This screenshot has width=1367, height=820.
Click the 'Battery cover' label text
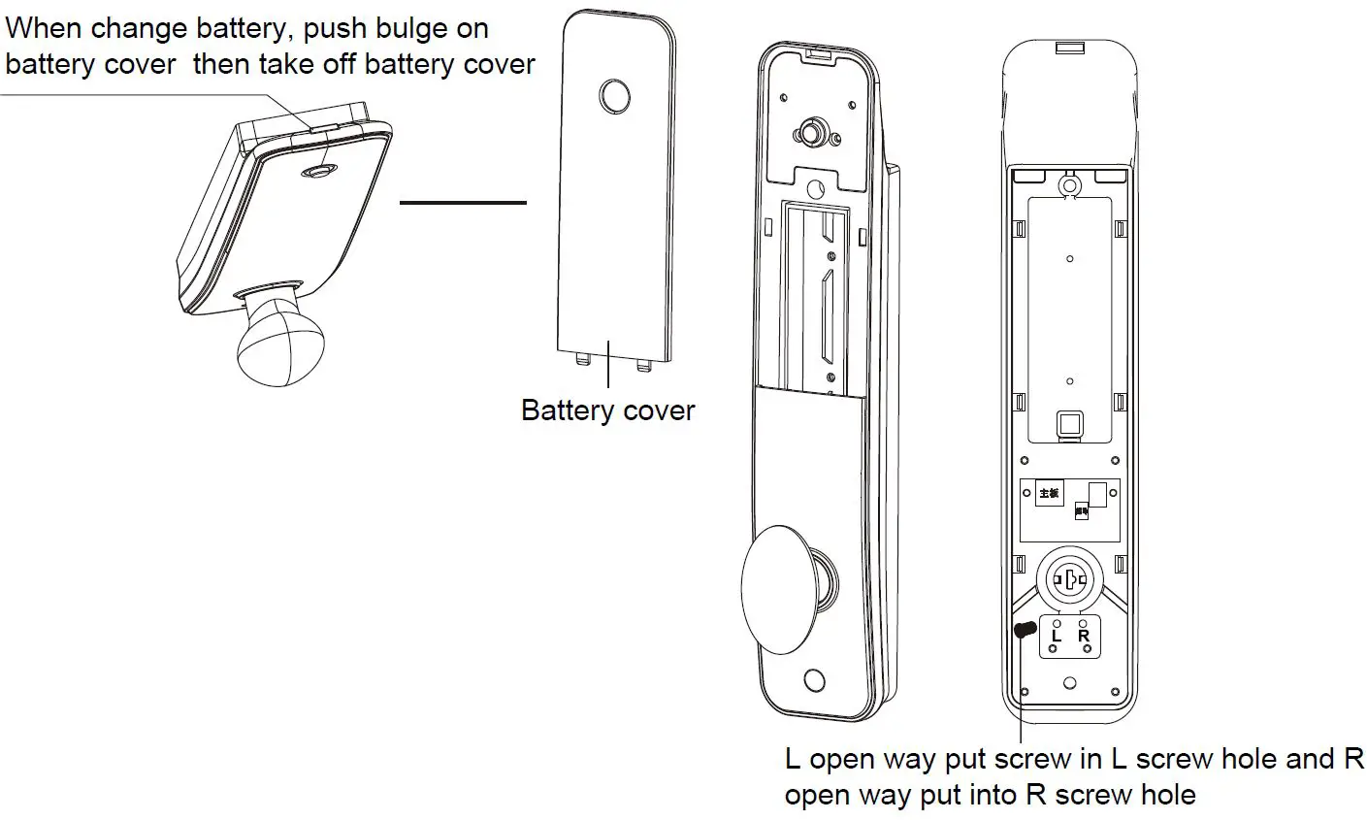click(x=607, y=410)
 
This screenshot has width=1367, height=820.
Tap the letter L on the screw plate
click(x=1057, y=636)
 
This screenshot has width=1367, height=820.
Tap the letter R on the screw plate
click(x=1084, y=636)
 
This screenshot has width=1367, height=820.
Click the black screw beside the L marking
click(x=1023, y=631)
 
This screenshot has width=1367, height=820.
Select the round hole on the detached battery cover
click(x=614, y=96)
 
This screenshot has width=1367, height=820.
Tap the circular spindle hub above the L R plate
click(x=1068, y=581)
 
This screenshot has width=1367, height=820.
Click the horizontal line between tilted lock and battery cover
click(x=463, y=203)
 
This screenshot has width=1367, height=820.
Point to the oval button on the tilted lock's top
click(x=316, y=172)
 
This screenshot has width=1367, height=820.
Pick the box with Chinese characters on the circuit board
click(x=1049, y=492)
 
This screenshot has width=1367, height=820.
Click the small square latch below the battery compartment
click(x=1068, y=423)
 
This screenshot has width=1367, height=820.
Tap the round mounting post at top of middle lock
click(x=808, y=132)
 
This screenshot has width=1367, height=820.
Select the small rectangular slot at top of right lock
click(x=1069, y=48)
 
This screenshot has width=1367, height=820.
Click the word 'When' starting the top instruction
click(x=45, y=28)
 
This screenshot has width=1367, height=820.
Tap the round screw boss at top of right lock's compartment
click(x=1068, y=183)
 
